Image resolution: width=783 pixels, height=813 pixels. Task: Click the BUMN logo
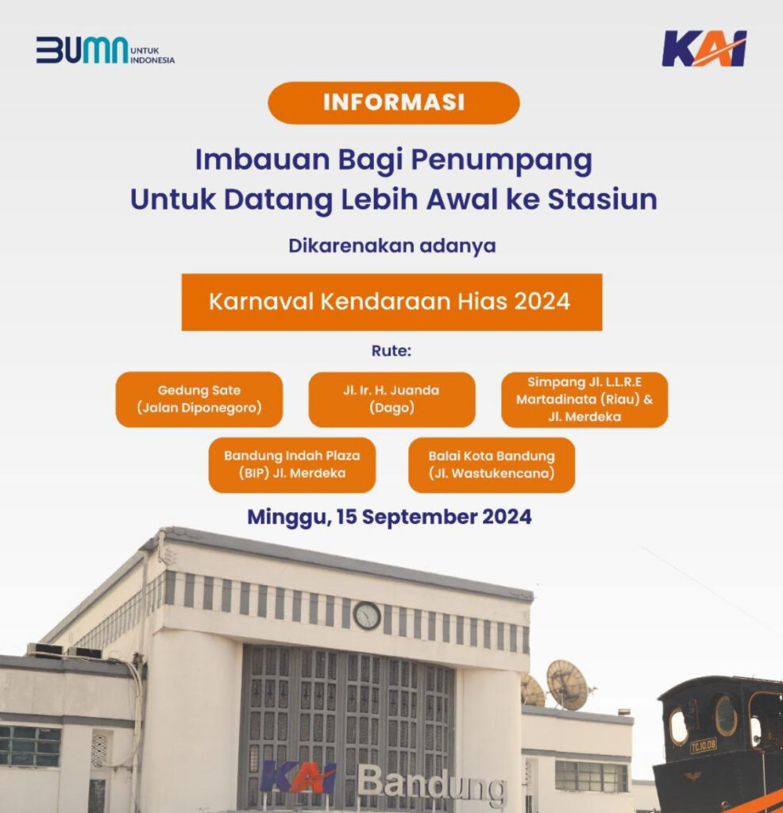[x=106, y=50]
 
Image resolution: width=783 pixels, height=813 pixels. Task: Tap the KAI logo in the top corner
[x=704, y=48]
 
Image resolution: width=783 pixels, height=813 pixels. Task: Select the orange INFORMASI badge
[x=394, y=102]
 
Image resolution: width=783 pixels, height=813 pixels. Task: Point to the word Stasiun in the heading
[x=603, y=199]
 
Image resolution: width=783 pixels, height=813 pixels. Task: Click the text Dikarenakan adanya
[x=392, y=246]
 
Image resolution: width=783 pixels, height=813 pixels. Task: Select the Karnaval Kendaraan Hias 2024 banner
[x=391, y=302]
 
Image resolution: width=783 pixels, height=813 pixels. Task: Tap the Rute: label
[x=391, y=351]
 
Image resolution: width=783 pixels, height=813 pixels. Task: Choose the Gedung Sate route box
[x=199, y=399]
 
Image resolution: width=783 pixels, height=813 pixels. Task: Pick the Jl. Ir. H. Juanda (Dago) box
[x=391, y=399]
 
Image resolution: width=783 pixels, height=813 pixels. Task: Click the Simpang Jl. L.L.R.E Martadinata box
[x=584, y=399]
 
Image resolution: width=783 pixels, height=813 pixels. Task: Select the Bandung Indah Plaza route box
[x=292, y=465]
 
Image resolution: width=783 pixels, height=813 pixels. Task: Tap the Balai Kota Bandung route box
[x=492, y=465]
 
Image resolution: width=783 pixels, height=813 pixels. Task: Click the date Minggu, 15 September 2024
[x=389, y=517]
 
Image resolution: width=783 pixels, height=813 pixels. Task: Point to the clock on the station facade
[x=367, y=616]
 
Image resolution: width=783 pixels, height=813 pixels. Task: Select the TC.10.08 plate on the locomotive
[x=703, y=746]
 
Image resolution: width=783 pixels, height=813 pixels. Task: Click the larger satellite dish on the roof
[x=568, y=684]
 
